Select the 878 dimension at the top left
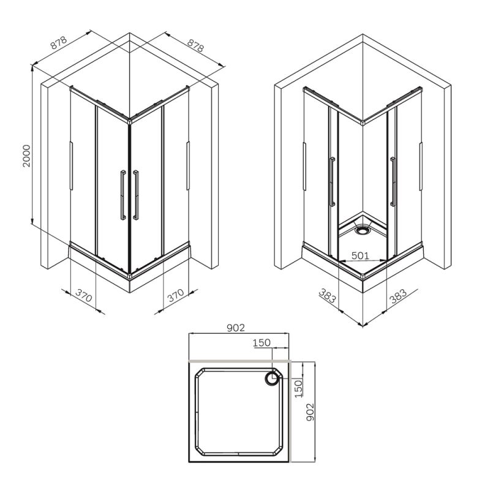tap(58, 43)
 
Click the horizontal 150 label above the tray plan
tap(262, 344)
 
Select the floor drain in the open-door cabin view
tap(363, 232)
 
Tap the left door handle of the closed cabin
tap(123, 194)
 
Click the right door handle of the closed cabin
tap(136, 194)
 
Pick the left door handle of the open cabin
tap(332, 183)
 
